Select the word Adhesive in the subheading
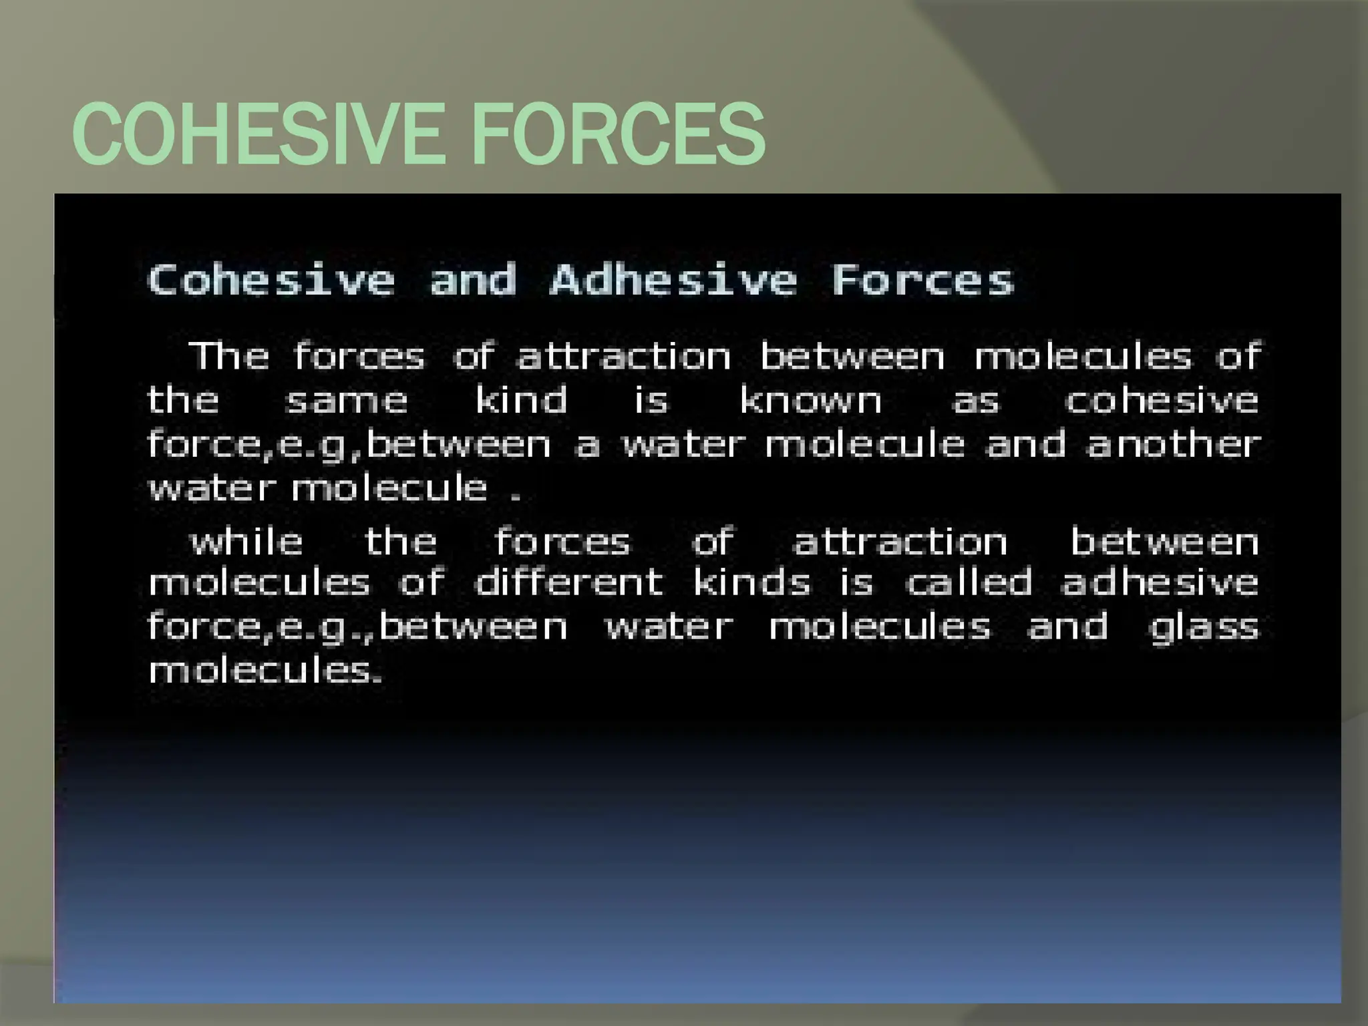point(673,280)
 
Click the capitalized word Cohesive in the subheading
point(271,280)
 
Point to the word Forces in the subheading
point(923,280)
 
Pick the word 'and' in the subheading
point(473,280)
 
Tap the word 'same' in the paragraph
point(346,401)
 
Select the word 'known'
point(810,401)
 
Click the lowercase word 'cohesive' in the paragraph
point(1161,401)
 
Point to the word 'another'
point(1174,444)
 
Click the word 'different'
point(568,582)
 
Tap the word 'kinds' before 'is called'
point(751,582)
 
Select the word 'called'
point(969,582)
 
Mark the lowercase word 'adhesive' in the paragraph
point(1160,582)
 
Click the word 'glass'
point(1204,628)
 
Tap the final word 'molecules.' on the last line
point(266,670)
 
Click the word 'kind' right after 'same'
point(521,401)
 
